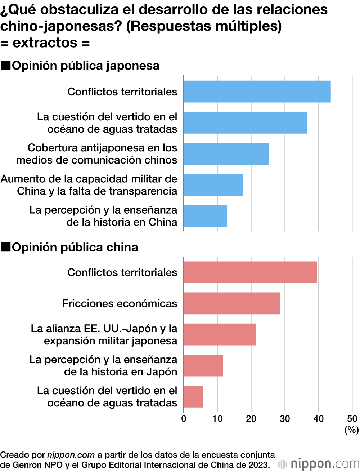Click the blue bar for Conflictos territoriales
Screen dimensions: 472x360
257,92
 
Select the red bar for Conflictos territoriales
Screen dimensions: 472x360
250,272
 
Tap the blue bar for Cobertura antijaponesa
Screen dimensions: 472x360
226,154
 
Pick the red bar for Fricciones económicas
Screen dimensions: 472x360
232,303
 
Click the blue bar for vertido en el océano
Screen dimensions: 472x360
246,123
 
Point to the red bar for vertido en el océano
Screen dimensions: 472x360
194,396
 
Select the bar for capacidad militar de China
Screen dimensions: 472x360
213,185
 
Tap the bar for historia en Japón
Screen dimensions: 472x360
203,365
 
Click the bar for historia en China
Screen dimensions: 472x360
205,216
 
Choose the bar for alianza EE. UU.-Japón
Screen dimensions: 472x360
220,334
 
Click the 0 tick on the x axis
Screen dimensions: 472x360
184,419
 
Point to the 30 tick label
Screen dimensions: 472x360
285,419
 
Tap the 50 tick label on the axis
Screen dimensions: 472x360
352,419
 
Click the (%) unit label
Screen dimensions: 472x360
352,429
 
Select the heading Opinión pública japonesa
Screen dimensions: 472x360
86,66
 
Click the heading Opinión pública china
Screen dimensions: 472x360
75,247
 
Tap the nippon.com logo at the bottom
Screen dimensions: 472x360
319,463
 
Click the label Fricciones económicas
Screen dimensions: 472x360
120,303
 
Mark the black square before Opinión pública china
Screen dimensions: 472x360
6,247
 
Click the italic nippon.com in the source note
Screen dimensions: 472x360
71,455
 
